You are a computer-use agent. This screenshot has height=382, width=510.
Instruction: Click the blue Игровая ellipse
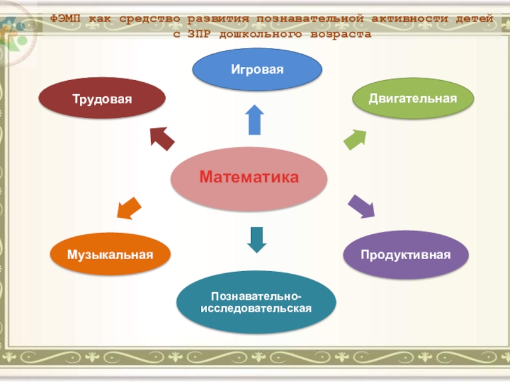click(257, 68)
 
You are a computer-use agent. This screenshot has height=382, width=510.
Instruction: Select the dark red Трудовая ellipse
click(102, 99)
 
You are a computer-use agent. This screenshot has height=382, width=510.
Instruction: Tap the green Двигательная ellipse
click(413, 98)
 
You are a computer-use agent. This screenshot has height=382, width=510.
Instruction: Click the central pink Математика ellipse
click(249, 178)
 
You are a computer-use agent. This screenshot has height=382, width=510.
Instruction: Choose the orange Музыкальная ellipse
click(110, 255)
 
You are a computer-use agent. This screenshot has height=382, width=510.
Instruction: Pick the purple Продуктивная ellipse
click(405, 255)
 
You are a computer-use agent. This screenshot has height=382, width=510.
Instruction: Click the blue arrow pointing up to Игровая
click(254, 120)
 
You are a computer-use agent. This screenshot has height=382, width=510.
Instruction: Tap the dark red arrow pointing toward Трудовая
click(162, 138)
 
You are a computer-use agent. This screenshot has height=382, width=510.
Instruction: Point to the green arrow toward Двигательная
click(354, 139)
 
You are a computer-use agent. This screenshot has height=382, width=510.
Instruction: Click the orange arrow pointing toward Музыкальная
click(129, 208)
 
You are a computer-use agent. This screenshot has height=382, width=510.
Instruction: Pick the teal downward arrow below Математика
click(256, 239)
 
